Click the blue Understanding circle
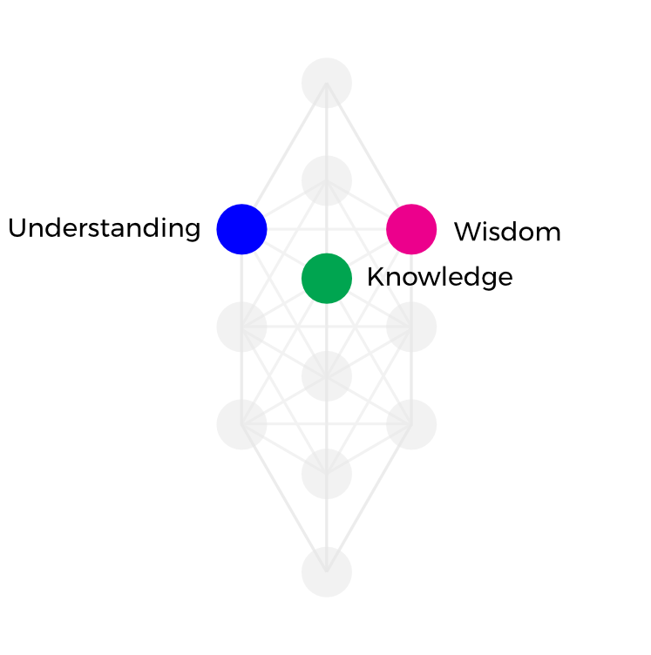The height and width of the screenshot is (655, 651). point(241,229)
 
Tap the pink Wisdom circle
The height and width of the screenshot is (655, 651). point(411,229)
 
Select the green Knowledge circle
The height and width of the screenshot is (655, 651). point(327,279)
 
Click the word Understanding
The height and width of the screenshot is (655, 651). point(104,229)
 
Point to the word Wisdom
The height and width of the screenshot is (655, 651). point(507,232)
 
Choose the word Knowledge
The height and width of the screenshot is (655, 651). point(439,278)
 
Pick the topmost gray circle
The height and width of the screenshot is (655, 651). point(327,83)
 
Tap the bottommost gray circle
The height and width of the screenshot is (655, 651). point(327,572)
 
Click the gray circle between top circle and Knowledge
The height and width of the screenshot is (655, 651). point(327,180)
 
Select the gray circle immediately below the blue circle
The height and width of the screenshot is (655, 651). point(241,327)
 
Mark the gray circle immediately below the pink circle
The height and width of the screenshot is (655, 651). point(411,327)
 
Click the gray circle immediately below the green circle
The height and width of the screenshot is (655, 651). point(327,376)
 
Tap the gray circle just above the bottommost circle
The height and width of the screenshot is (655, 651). point(327,475)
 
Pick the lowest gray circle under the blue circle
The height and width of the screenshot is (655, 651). point(241,425)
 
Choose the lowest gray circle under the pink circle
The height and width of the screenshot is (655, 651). point(411,425)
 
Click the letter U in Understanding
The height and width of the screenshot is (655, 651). point(17,229)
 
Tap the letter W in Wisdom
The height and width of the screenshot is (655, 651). point(467,232)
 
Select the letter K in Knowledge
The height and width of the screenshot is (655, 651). point(375,278)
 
